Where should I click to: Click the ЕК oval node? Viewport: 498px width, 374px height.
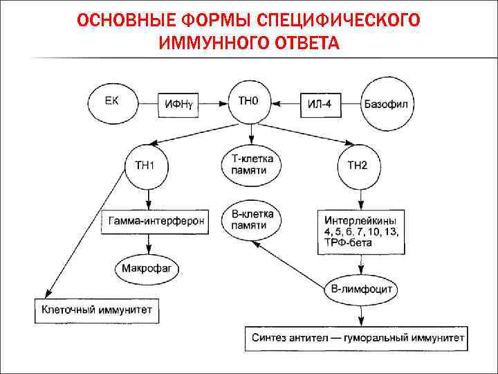pyautogui.click(x=113, y=104)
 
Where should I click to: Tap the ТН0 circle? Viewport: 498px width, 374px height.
pyautogui.click(x=250, y=103)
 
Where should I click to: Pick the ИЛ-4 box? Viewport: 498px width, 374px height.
pyautogui.click(x=321, y=105)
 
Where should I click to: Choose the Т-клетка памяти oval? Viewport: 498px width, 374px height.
pyautogui.click(x=251, y=166)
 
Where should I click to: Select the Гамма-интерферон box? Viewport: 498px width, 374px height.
pyautogui.click(x=156, y=222)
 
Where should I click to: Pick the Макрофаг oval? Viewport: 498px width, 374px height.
pyautogui.click(x=147, y=267)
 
